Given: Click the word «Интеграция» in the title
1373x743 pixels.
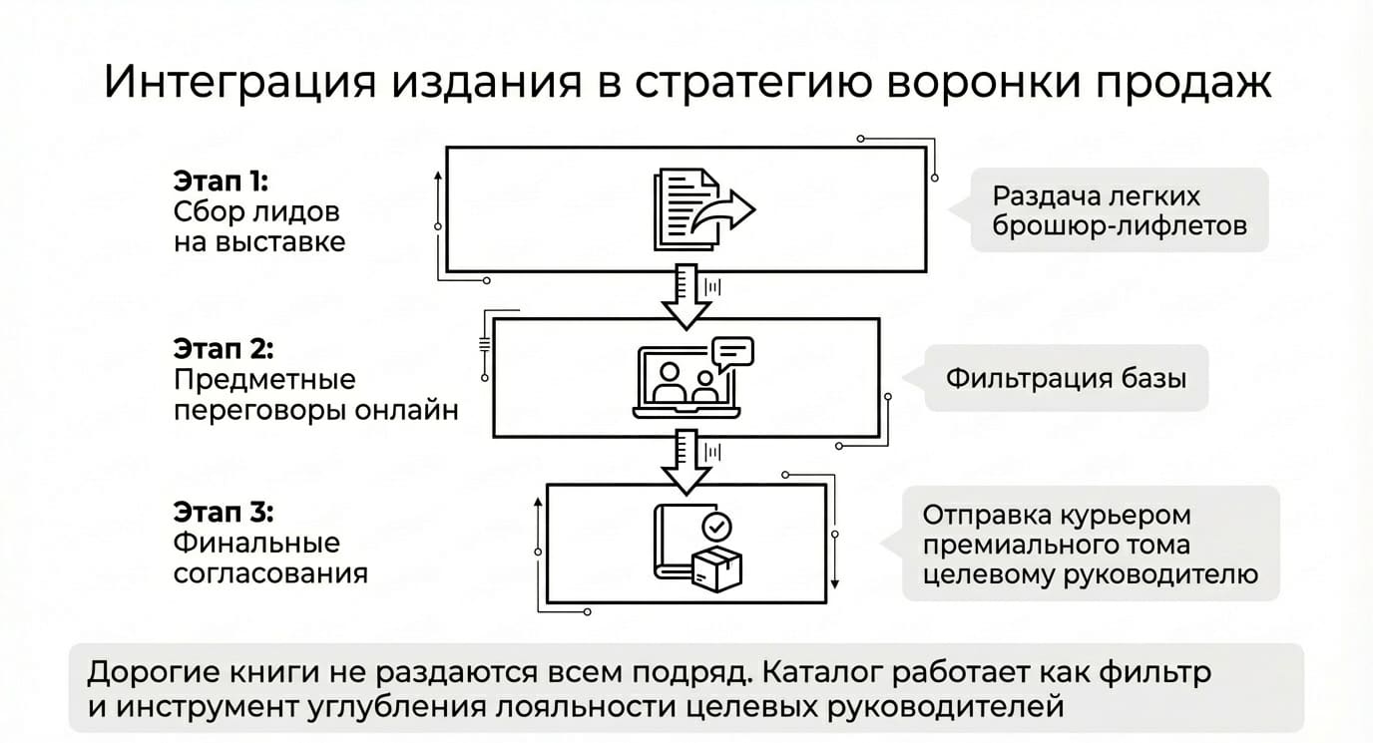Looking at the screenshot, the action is pyautogui.click(x=239, y=82).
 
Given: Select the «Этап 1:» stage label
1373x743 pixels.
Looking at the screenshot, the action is pyautogui.click(x=221, y=181).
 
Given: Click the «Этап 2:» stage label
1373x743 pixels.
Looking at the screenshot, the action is pyautogui.click(x=224, y=348).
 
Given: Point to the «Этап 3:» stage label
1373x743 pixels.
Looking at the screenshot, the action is pyautogui.click(x=224, y=512).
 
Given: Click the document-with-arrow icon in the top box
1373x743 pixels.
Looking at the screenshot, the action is pyautogui.click(x=704, y=209).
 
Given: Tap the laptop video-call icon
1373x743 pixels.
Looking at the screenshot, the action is pyautogui.click(x=693, y=377).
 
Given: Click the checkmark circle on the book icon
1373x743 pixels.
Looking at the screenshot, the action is pyautogui.click(x=716, y=527).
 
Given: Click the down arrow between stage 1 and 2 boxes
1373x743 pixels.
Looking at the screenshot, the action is pyautogui.click(x=686, y=297).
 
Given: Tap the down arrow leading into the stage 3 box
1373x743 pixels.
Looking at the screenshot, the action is pyautogui.click(x=686, y=463).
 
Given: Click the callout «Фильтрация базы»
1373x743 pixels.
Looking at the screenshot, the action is pyautogui.click(x=1066, y=378).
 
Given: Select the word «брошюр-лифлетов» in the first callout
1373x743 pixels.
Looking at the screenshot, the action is pyautogui.click(x=1120, y=226).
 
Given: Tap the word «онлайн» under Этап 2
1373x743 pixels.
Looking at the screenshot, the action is pyautogui.click(x=406, y=410).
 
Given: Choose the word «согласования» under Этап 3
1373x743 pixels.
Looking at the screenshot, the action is pyautogui.click(x=270, y=573).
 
